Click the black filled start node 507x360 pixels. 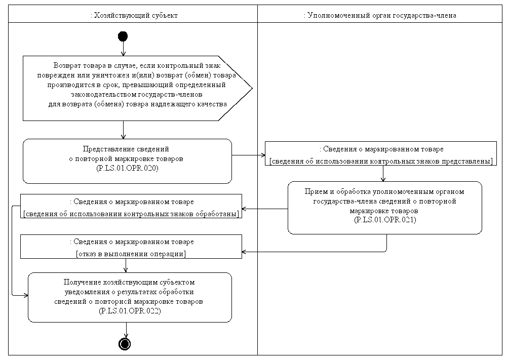click(123, 36)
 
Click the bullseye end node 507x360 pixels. click(125, 344)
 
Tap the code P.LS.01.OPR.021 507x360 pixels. click(385, 220)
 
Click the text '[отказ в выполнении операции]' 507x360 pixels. click(131, 253)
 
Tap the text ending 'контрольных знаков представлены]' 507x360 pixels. click(381, 161)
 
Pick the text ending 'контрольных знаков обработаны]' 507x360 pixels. click(131, 214)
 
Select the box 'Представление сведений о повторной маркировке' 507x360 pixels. click(127, 161)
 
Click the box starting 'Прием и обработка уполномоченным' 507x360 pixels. click(385, 207)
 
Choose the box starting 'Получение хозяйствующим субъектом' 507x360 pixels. click(130, 297)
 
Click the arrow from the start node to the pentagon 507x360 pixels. click(123, 49)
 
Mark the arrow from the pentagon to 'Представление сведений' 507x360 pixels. click(123, 130)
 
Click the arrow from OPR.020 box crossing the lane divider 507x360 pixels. click(248, 155)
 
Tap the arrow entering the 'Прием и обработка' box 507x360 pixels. click(383, 174)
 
